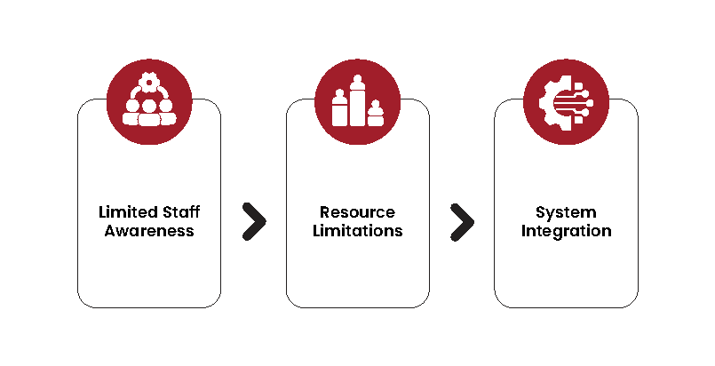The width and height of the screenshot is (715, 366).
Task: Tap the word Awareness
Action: [149, 231]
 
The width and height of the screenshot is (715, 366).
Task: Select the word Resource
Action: [357, 213]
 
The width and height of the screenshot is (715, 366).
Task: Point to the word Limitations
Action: [357, 231]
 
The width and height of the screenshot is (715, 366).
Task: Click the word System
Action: [566, 213]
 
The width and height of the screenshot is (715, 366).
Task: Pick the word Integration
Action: [566, 231]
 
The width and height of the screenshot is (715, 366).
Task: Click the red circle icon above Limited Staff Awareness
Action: [149, 100]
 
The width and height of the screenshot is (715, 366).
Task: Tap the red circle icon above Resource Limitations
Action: [357, 100]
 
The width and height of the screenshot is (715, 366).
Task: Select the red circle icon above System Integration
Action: [566, 100]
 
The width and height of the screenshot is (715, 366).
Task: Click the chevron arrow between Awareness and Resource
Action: [254, 222]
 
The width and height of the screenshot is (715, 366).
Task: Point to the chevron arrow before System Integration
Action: [462, 222]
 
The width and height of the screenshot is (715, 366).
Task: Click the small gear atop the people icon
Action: [149, 83]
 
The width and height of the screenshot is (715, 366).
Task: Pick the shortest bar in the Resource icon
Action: [376, 113]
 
